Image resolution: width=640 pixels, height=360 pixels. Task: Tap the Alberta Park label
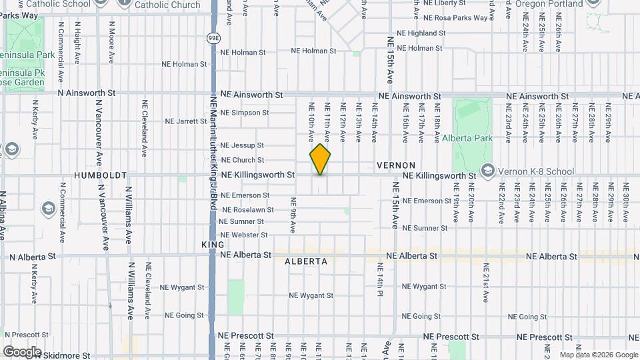[467, 138]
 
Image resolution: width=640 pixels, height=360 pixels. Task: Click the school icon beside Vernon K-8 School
[488, 171]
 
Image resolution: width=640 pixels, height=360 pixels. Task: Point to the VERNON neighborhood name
[396, 165]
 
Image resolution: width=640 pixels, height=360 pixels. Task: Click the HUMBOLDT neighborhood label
[101, 175]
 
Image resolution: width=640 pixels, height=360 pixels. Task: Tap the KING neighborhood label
[209, 245]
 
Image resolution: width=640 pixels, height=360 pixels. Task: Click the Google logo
[22, 351]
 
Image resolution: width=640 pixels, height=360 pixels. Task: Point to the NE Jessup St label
[242, 145]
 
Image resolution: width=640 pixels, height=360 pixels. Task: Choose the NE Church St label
[243, 160]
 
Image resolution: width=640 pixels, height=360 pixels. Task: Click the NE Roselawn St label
[247, 209]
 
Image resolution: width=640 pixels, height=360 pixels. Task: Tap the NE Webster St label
[244, 235]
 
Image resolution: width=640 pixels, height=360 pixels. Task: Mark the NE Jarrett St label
[186, 121]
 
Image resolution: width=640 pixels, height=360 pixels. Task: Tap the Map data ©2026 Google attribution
[597, 355]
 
